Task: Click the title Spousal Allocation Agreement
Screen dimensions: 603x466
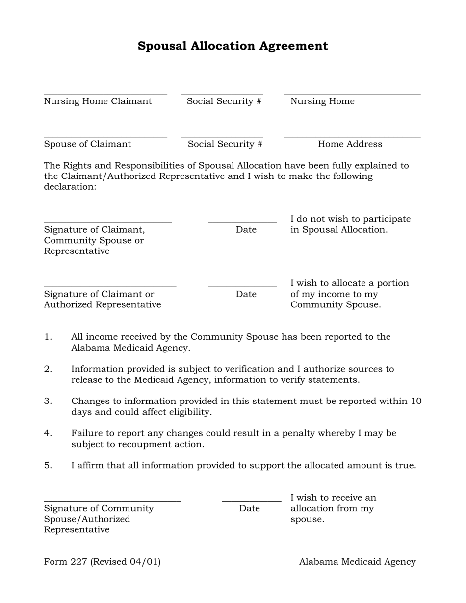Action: click(233, 46)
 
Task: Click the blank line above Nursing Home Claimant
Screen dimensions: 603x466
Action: click(105, 93)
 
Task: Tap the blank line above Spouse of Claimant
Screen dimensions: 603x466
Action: click(105, 137)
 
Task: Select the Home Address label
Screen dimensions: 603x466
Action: click(350, 144)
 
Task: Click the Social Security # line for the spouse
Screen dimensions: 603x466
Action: click(222, 137)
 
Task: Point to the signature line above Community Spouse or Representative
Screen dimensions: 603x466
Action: click(108, 222)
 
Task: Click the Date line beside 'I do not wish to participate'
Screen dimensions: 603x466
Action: click(242, 222)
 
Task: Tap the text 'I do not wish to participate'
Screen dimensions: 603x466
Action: click(350, 219)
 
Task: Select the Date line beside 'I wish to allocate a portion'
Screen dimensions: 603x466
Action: click(242, 286)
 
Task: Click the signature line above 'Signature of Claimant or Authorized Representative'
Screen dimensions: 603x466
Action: click(110, 286)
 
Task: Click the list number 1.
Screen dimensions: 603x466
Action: click(48, 337)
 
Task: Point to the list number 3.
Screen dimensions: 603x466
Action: click(48, 401)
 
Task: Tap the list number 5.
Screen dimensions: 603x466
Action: click(48, 465)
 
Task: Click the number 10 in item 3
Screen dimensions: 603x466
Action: click(416, 401)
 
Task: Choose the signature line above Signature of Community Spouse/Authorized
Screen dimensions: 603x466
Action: click(112, 501)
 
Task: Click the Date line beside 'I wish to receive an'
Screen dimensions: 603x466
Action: click(251, 501)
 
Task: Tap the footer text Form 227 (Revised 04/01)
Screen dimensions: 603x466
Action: click(102, 562)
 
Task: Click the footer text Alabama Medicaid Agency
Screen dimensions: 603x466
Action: click(357, 562)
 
